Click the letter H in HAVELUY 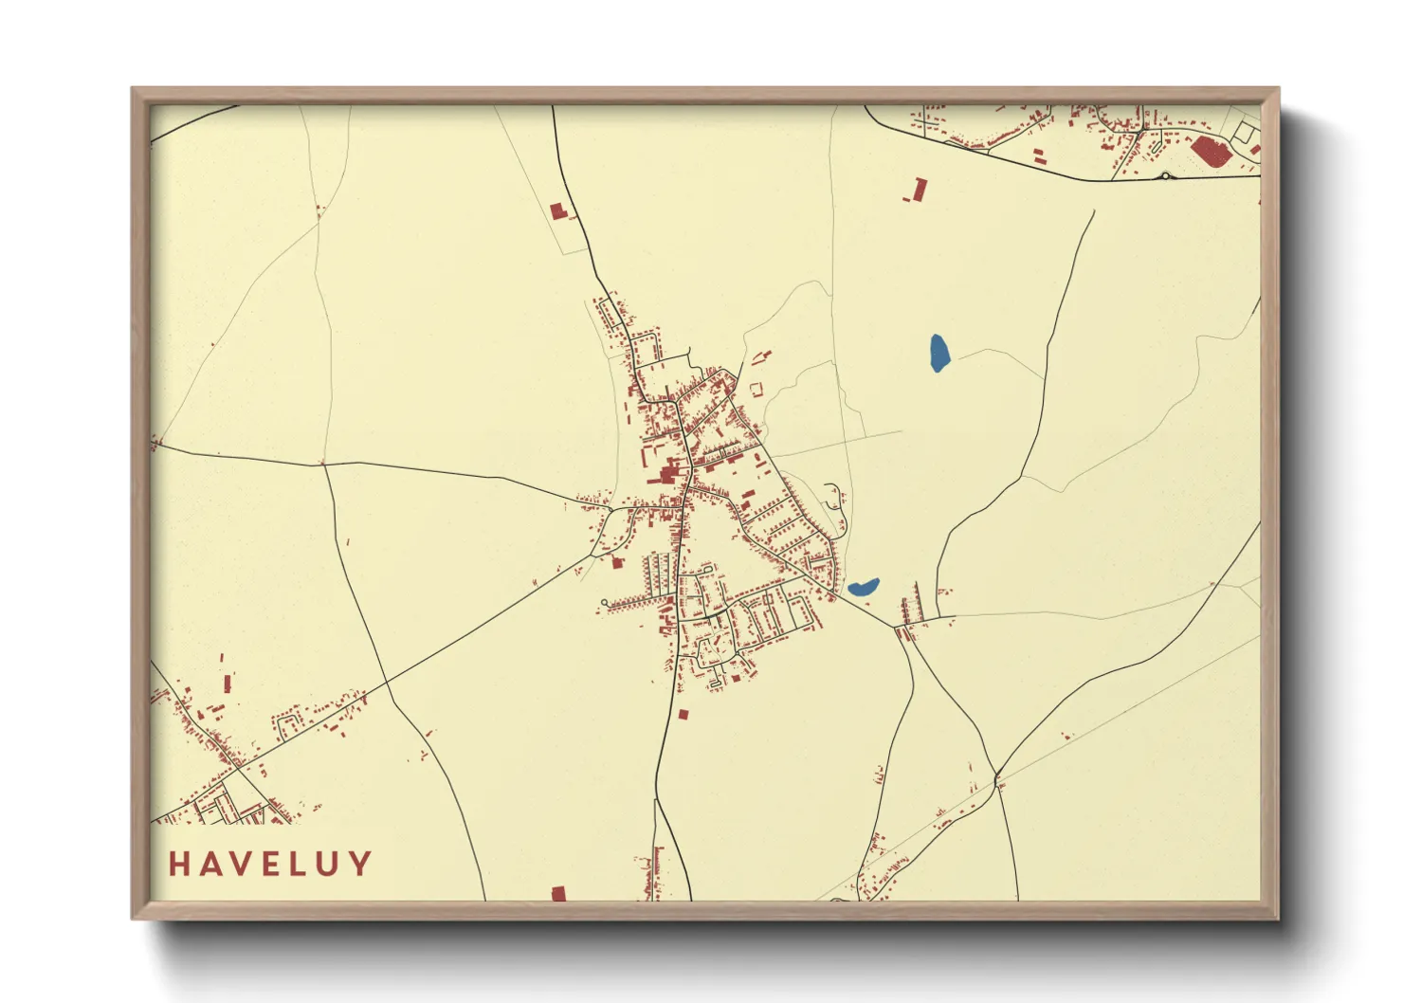coord(179,864)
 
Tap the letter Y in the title coord(359,864)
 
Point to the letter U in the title coord(329,864)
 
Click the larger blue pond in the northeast coord(938,353)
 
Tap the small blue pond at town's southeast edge coord(863,588)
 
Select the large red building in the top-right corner coord(1210,151)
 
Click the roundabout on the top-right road coord(1166,175)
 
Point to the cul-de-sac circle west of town coord(604,602)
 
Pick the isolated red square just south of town coord(682,714)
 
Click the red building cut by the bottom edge coord(558,893)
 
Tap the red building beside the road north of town coord(556,210)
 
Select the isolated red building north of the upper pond coord(918,189)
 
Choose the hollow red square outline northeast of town coord(756,389)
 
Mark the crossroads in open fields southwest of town coord(387,682)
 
